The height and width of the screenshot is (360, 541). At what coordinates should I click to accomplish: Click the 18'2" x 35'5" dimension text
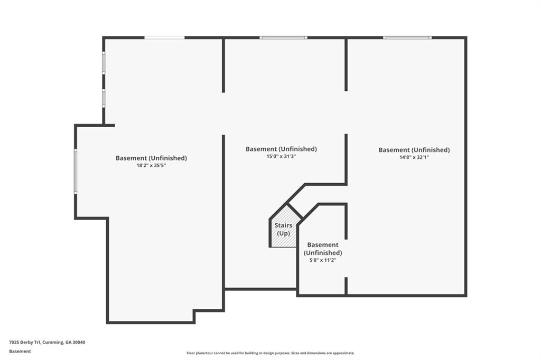(x=151, y=166)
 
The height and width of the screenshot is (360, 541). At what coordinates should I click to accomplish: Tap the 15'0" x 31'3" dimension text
(x=281, y=156)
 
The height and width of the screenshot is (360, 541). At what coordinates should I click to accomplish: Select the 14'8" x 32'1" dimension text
(x=414, y=157)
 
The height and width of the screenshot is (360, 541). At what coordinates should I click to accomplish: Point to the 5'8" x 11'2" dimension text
(x=322, y=260)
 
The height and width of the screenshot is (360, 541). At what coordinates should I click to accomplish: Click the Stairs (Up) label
(x=284, y=230)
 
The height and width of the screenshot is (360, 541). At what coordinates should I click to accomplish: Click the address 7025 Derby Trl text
(x=47, y=342)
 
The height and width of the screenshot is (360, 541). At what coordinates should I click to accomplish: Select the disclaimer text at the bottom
(x=270, y=353)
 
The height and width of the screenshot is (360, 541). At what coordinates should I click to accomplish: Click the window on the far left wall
(x=76, y=171)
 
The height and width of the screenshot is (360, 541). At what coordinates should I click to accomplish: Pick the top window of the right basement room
(x=407, y=37)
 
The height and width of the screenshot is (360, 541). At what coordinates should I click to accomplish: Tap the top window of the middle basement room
(x=283, y=37)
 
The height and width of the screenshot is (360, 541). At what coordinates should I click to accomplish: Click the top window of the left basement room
(x=164, y=37)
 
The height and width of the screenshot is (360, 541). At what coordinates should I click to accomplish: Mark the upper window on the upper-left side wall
(x=104, y=63)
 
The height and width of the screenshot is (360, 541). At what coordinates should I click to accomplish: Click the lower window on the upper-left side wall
(x=104, y=98)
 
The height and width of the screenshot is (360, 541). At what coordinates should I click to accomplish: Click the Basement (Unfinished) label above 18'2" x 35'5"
(x=151, y=158)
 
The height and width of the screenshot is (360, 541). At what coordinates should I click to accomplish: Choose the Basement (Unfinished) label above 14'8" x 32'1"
(x=414, y=150)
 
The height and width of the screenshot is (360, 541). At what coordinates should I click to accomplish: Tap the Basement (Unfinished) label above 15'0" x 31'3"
(x=281, y=149)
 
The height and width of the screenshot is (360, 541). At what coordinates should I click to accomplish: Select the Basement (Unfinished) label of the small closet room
(x=322, y=249)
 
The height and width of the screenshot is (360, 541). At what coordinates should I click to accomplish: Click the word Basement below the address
(x=20, y=351)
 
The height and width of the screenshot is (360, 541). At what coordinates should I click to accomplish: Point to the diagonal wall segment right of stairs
(x=307, y=214)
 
